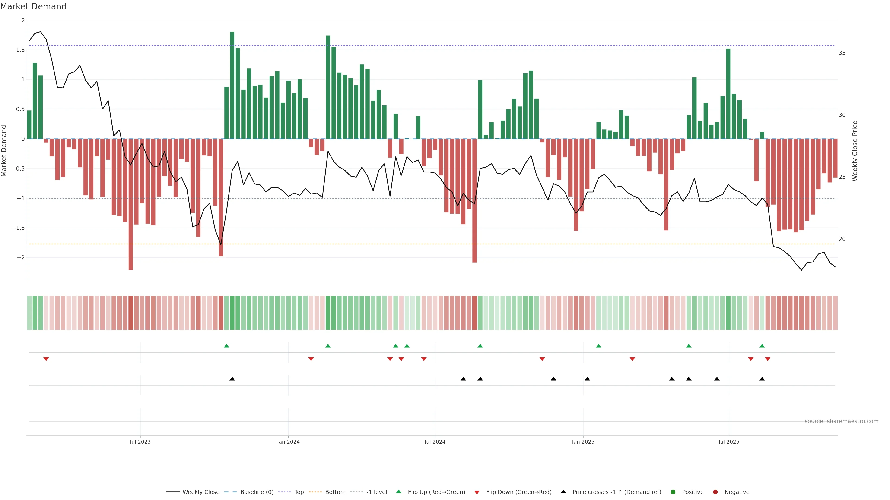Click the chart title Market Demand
point(33,6)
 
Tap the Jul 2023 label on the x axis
point(140,442)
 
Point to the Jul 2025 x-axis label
point(729,442)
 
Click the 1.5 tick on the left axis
point(20,50)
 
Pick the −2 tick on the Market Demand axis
point(20,258)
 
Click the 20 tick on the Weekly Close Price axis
point(842,239)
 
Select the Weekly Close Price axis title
point(855,151)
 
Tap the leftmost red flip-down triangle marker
point(46,359)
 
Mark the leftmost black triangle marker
point(232,379)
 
